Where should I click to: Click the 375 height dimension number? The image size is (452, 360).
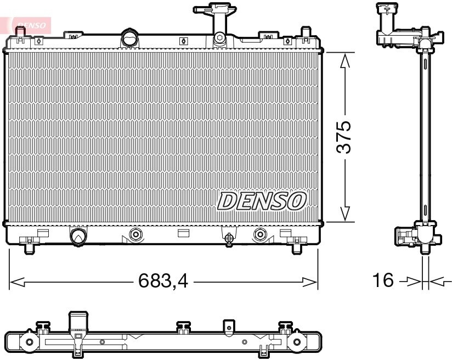tap(344, 137)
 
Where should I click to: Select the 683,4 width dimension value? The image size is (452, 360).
tap(163, 280)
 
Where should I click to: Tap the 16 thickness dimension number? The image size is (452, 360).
tap(383, 280)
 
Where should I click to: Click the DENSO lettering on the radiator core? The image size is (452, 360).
tap(262, 201)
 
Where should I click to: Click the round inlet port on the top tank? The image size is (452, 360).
tap(130, 37)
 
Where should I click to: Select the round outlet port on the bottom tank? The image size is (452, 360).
tap(78, 237)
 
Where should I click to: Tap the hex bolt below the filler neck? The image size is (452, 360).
tap(219, 37)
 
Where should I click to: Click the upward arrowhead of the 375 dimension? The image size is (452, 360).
tap(345, 60)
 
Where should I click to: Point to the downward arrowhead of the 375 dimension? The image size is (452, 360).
tap(345, 214)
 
